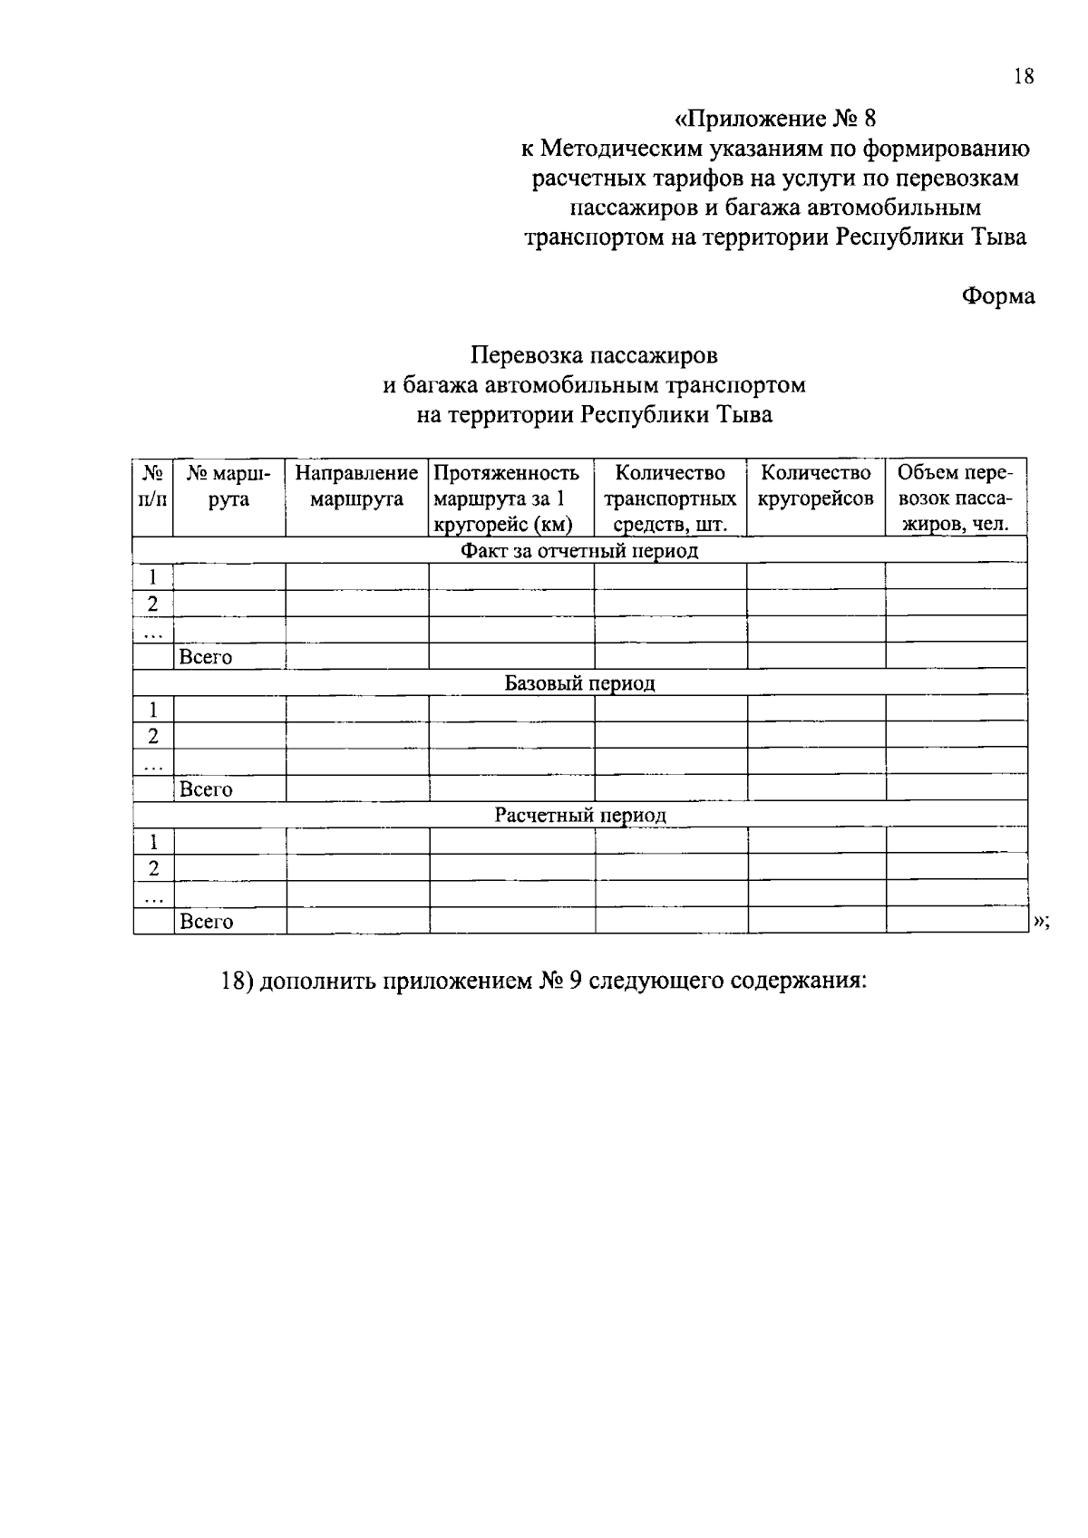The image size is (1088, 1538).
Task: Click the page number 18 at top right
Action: click(1023, 76)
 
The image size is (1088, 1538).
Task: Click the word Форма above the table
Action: click(997, 296)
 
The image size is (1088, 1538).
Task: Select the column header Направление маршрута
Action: click(356, 486)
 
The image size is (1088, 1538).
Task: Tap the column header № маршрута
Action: click(228, 486)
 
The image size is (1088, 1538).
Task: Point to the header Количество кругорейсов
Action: click(815, 486)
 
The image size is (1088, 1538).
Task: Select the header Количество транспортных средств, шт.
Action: click(670, 498)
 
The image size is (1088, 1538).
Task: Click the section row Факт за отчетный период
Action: click(579, 551)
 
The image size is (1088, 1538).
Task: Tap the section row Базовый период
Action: click(579, 683)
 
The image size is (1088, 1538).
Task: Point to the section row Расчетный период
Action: click(579, 816)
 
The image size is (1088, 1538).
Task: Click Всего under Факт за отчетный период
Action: click(206, 657)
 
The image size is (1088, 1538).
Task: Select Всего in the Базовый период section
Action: click(206, 789)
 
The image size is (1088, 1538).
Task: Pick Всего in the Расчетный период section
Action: click(207, 922)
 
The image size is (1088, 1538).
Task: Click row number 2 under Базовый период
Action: click(153, 736)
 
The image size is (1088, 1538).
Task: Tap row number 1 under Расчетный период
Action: click(153, 842)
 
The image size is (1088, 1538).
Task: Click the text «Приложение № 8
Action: click(776, 119)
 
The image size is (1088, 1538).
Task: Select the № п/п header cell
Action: click(152, 486)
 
